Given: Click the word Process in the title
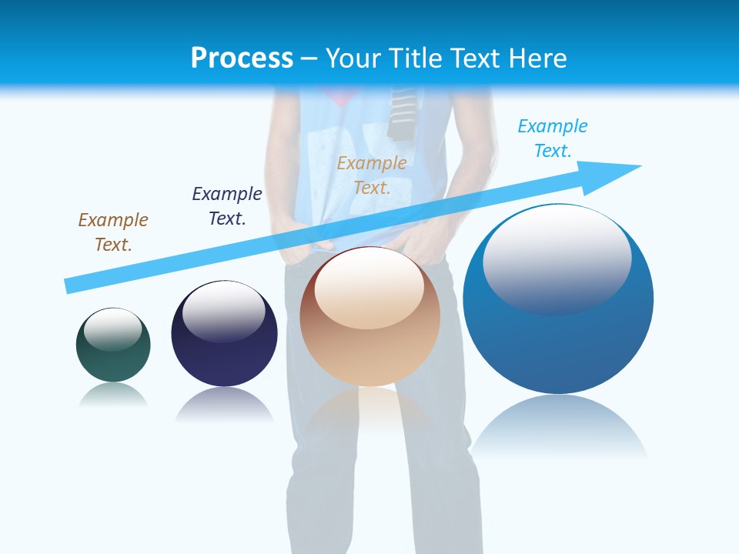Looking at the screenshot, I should pyautogui.click(x=242, y=58).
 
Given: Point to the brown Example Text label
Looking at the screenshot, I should pyautogui.click(x=113, y=232).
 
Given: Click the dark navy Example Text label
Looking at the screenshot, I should pyautogui.click(x=227, y=206).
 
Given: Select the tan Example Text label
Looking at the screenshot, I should pyautogui.click(x=372, y=175).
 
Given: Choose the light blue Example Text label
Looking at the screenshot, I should pyautogui.click(x=553, y=138).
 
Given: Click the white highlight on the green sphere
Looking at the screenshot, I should pyautogui.click(x=113, y=329).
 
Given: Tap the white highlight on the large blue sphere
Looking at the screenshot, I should pyautogui.click(x=557, y=258).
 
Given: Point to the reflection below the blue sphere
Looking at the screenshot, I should pyautogui.click(x=558, y=427).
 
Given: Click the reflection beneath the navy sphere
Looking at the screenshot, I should pyautogui.click(x=224, y=404).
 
